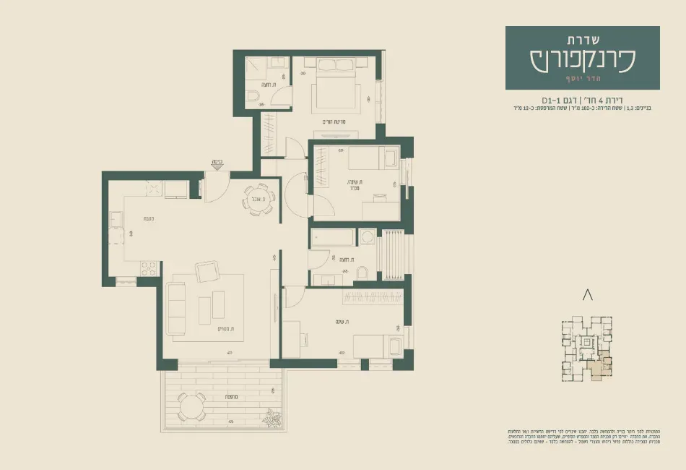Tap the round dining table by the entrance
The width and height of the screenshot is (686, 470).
coord(258,202)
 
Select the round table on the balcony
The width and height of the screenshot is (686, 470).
coord(192,406)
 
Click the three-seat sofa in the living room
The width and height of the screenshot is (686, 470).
coord(175,308)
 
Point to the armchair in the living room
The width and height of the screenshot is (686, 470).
coord(207,271)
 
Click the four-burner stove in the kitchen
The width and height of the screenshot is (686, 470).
coord(148,268)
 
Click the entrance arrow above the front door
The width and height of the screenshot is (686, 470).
coord(217,166)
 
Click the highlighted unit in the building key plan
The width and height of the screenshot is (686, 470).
coord(597,372)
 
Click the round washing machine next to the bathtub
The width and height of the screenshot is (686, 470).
coord(368,236)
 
